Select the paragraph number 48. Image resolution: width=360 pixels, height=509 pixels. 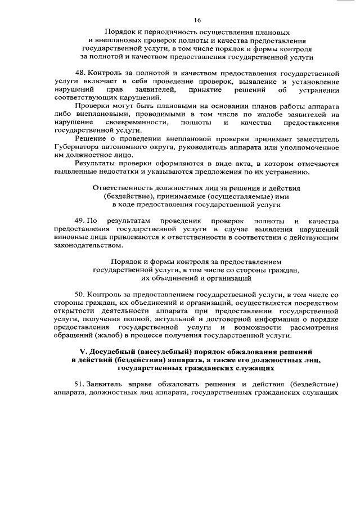[80, 74]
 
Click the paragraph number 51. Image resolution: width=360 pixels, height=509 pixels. [80, 384]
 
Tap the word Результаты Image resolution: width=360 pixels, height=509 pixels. [97, 163]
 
